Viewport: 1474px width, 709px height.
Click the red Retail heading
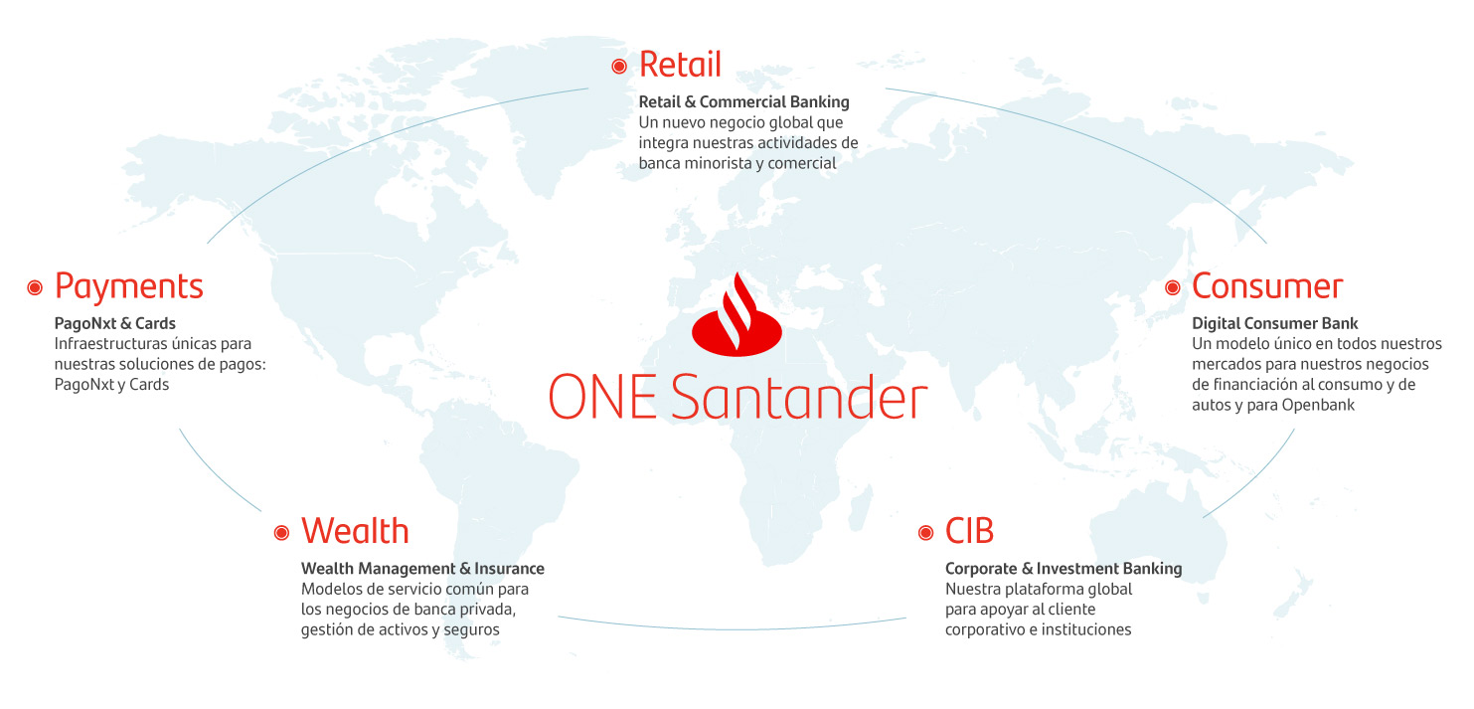680,65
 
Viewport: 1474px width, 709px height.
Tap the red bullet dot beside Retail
618,66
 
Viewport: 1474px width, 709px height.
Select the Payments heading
129,287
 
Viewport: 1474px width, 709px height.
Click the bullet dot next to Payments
35,287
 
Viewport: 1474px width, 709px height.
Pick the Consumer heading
1267,286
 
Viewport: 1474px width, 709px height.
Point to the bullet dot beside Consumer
1172,287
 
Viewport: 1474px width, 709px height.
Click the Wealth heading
355,531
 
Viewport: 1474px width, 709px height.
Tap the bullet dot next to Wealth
281,533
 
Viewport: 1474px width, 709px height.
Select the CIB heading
969,531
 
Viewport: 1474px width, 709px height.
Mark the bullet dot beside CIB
926,533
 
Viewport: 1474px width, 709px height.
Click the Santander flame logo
737,315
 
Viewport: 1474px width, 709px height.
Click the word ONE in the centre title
602,397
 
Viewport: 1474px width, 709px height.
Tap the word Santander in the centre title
799,397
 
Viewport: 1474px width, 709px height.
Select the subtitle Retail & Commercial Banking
744,102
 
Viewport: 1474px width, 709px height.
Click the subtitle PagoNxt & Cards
115,323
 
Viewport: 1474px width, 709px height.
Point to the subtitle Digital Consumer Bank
1275,323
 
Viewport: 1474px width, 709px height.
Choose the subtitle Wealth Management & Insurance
423,568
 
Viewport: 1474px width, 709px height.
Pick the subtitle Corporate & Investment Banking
1065,568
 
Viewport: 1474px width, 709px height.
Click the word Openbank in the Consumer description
1318,405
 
